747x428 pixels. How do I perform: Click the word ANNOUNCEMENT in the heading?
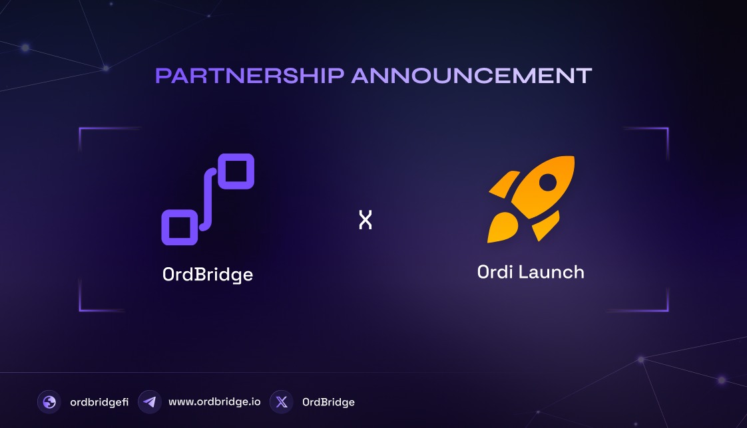coord(471,76)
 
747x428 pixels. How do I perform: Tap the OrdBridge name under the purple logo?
coord(208,274)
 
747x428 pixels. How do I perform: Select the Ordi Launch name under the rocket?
coord(531,272)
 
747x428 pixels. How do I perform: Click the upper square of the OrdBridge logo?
coord(236,171)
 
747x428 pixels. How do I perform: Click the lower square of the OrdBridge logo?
coord(179,227)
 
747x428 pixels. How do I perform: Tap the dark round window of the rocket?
coord(548,181)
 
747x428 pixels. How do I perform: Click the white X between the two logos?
coord(365,220)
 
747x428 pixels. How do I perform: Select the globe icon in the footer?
coord(49,402)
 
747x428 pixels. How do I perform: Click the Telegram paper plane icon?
coord(150,402)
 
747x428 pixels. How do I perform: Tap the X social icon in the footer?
coord(282,402)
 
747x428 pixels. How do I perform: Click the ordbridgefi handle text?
coord(99,402)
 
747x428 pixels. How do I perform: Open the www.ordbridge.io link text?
coord(214,402)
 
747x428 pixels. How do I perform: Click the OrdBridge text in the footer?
coord(328,402)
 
